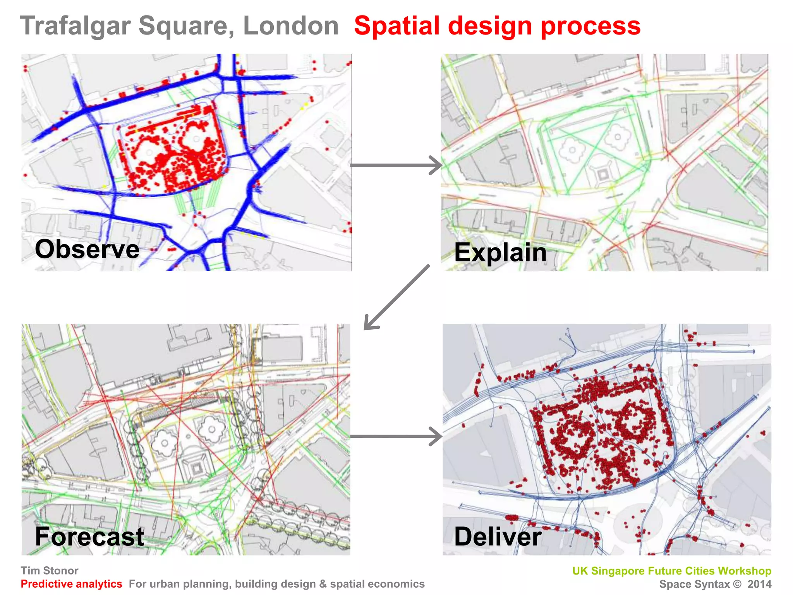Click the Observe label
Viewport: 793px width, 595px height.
coord(87,249)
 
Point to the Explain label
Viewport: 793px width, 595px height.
coord(500,252)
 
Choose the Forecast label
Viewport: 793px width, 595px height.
coord(89,537)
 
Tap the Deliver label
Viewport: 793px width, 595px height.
coord(498,537)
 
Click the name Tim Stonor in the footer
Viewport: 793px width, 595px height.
coord(49,571)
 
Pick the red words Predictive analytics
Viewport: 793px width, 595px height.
coord(71,584)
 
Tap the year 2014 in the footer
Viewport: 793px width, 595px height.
coord(759,584)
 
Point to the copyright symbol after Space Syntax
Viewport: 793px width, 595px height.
coord(737,584)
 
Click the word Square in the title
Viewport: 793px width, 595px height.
coord(186,26)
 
